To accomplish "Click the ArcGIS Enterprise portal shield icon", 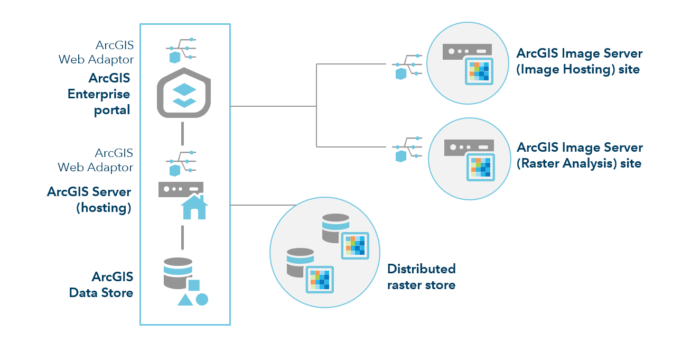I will click(184, 93).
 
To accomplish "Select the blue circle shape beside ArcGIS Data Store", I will click(202, 299).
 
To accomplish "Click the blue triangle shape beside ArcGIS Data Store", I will click(184, 300).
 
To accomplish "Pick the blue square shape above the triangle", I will click(194, 285).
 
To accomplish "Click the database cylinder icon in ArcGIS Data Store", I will click(178, 273).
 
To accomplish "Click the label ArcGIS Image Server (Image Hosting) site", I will click(579, 61).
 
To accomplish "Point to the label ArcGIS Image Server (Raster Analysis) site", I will click(579, 155).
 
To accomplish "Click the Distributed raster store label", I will click(421, 276).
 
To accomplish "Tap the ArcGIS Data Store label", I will click(101, 284).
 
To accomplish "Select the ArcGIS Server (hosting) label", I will click(89, 199).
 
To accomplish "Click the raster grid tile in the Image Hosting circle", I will click(479, 71).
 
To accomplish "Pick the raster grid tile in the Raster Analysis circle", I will click(480, 167).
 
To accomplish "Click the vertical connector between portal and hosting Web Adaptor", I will click(182, 133).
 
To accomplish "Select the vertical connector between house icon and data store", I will click(182, 237).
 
